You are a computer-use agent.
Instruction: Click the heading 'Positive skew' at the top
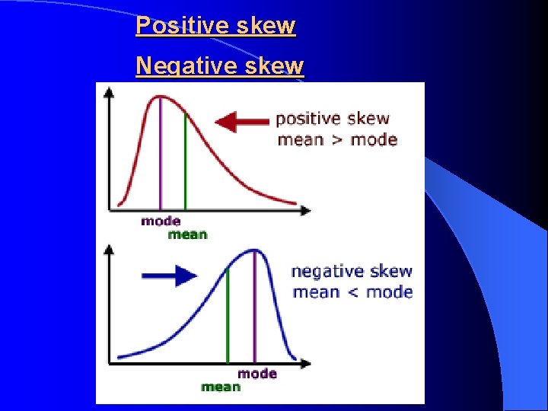[x=215, y=26]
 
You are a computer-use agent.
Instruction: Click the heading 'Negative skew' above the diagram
[x=219, y=66]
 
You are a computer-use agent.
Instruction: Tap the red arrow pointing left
[x=242, y=120]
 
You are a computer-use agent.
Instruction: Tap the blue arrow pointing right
[x=170, y=275]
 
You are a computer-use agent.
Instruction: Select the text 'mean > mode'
[x=337, y=139]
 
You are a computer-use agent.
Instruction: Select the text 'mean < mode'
[x=352, y=292]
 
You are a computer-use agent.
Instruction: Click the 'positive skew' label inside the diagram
[x=332, y=119]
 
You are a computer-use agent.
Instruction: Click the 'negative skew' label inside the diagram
[x=352, y=271]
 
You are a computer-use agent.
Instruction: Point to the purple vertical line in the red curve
[x=160, y=152]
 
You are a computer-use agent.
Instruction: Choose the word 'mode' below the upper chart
[x=161, y=221]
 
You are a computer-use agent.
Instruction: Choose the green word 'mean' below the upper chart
[x=187, y=234]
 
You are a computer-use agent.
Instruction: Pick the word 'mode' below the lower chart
[x=257, y=373]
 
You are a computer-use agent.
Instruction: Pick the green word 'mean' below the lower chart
[x=221, y=387]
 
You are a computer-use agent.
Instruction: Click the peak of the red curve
[x=160, y=96]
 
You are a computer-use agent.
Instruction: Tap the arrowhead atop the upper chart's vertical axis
[x=110, y=91]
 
